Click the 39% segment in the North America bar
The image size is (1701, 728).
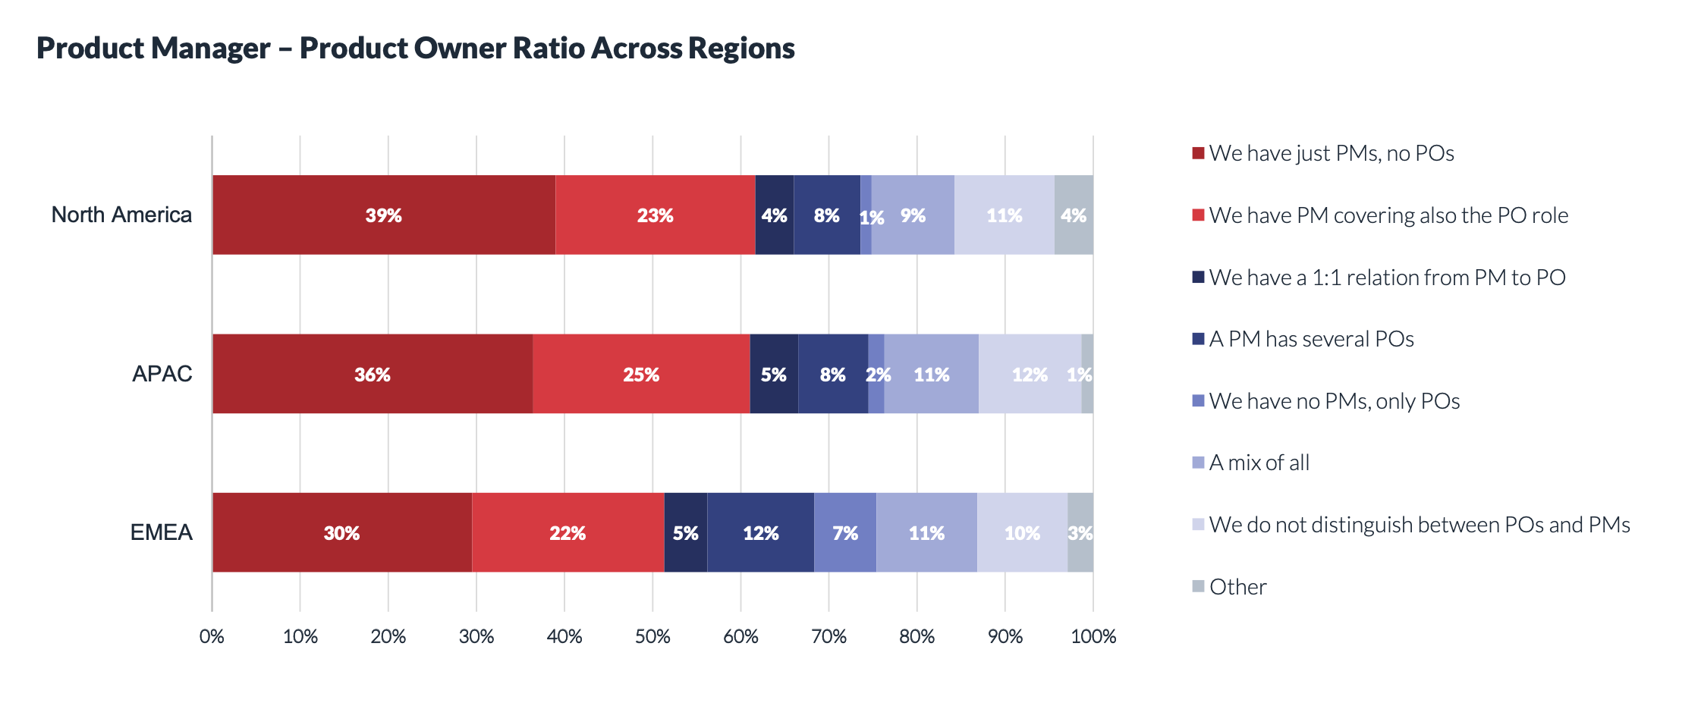[x=383, y=215]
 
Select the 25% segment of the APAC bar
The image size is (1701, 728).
[x=641, y=374]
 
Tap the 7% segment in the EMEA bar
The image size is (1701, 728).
[x=844, y=532]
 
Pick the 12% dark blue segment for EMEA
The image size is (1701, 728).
[x=760, y=532]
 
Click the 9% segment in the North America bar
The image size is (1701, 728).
[x=913, y=215]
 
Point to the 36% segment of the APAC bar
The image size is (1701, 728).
[x=372, y=374]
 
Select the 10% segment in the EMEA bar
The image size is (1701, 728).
[x=1022, y=532]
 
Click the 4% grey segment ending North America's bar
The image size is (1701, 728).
[x=1074, y=215]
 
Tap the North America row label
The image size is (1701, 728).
[x=121, y=215]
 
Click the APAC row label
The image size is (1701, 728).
[x=162, y=374]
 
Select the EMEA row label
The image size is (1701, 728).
[x=161, y=532]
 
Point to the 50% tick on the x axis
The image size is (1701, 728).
[x=652, y=636]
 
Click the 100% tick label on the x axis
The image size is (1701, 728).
[x=1093, y=636]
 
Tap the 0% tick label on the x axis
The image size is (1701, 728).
[x=212, y=636]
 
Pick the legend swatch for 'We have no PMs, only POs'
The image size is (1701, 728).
[x=1198, y=400]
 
